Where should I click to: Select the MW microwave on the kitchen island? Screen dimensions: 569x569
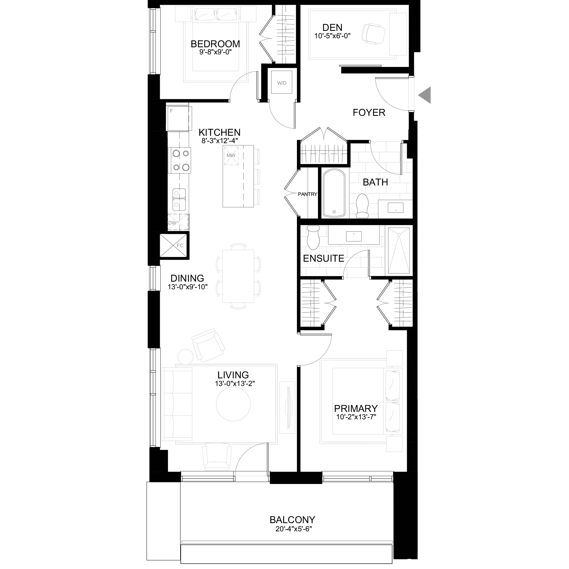[x=231, y=155]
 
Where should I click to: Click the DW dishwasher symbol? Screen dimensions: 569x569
[x=178, y=222]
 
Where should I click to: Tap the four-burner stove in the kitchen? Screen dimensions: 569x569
[x=179, y=160]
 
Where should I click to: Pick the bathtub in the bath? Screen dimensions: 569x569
[x=334, y=193]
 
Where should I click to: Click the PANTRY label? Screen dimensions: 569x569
[x=308, y=194]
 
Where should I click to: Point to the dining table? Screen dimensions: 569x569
[x=238, y=276]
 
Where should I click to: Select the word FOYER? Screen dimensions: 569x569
[x=369, y=113]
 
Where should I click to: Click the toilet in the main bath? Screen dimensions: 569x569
[x=362, y=205]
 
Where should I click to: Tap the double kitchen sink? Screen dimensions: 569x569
[x=179, y=199]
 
